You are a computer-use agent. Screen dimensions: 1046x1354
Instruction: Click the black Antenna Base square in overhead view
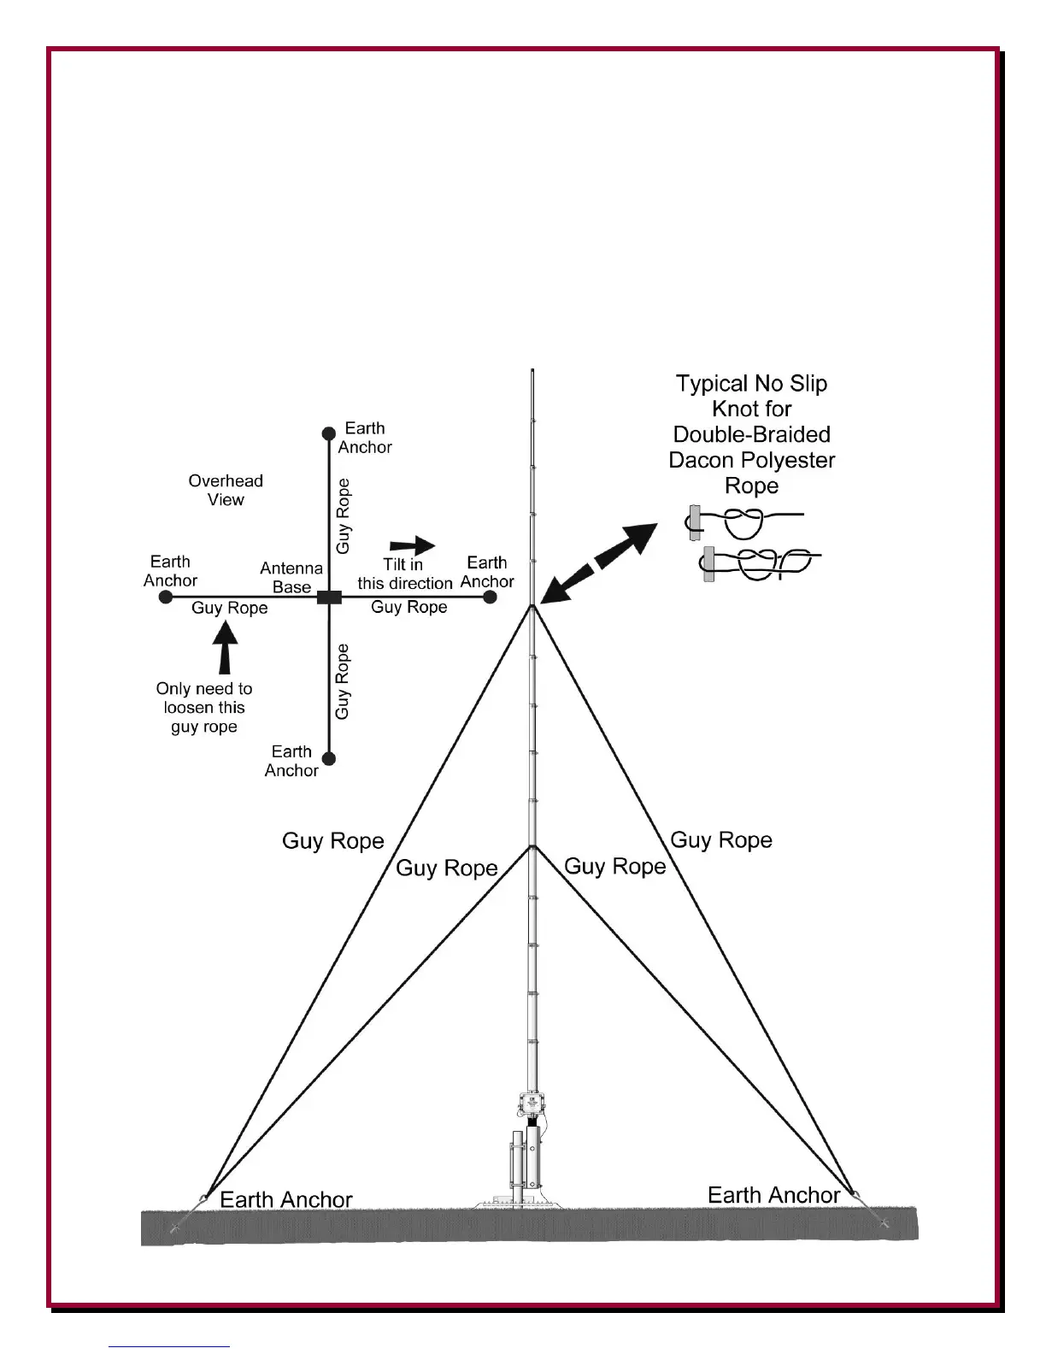[329, 597]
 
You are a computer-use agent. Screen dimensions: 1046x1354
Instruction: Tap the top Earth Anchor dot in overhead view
[328, 433]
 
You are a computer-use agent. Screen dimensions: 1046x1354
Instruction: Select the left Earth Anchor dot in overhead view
[166, 597]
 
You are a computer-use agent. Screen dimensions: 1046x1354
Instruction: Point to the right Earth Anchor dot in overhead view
[490, 597]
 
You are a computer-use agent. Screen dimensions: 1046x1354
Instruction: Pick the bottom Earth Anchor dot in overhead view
[329, 758]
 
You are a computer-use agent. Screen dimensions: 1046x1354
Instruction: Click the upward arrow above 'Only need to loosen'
[225, 648]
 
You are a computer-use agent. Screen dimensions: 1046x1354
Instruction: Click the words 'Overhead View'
[226, 490]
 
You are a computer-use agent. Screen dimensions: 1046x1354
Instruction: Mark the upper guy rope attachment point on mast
[532, 606]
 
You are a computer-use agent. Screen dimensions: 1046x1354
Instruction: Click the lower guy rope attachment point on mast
[532, 847]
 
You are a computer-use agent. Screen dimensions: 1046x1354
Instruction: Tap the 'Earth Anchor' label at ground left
[285, 1199]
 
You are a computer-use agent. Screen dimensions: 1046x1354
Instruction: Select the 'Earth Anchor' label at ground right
[773, 1195]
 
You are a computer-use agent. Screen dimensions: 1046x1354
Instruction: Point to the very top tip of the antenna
[532, 371]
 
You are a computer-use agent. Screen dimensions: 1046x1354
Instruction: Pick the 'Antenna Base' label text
[291, 578]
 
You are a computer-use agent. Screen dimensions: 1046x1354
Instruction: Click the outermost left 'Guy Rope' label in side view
[333, 841]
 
